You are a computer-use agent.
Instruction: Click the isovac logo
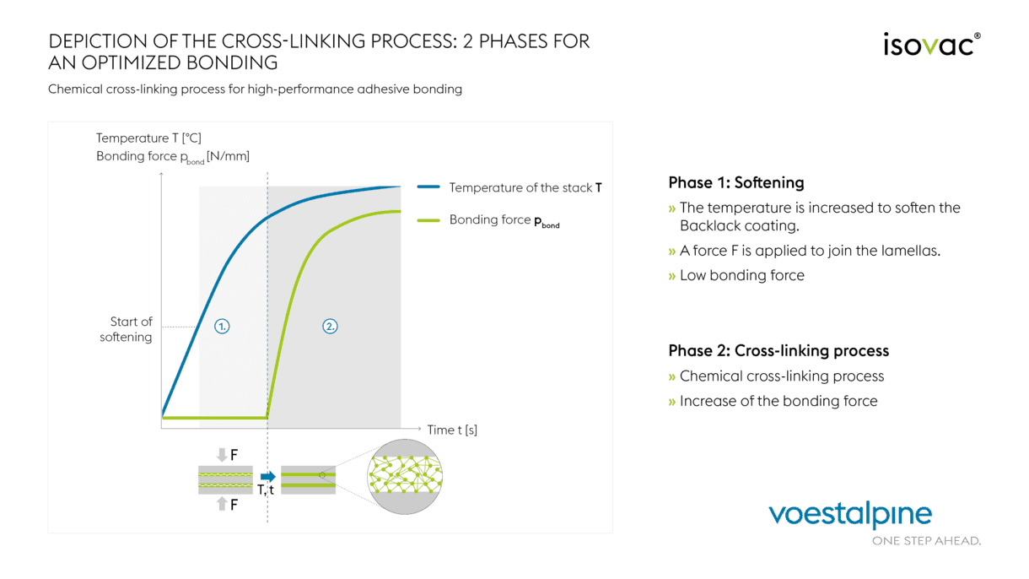tap(931, 44)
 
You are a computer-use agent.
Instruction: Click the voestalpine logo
tap(850, 515)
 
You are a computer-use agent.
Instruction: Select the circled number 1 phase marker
tap(222, 326)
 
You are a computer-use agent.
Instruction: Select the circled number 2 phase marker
tap(331, 326)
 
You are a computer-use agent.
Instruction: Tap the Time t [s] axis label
tap(452, 430)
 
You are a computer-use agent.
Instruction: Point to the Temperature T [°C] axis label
tap(148, 138)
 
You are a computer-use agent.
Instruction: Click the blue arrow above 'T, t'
tap(268, 476)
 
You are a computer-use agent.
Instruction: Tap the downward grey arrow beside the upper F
tap(222, 455)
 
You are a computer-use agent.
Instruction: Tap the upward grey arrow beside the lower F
tap(222, 505)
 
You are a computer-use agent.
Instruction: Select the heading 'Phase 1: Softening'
tap(735, 182)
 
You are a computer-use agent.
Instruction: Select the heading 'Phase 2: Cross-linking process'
tap(778, 350)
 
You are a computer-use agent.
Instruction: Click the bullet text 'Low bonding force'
tap(741, 275)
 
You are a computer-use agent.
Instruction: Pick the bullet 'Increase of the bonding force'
tap(778, 401)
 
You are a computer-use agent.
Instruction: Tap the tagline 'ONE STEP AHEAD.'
tap(926, 540)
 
